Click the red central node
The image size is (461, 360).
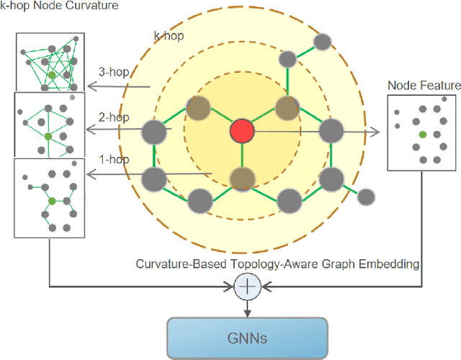click(x=242, y=132)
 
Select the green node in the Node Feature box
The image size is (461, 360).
click(x=423, y=135)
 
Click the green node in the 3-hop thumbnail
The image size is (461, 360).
click(x=50, y=73)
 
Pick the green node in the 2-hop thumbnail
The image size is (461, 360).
click(x=48, y=135)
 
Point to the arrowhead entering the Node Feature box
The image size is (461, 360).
click(x=376, y=132)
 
